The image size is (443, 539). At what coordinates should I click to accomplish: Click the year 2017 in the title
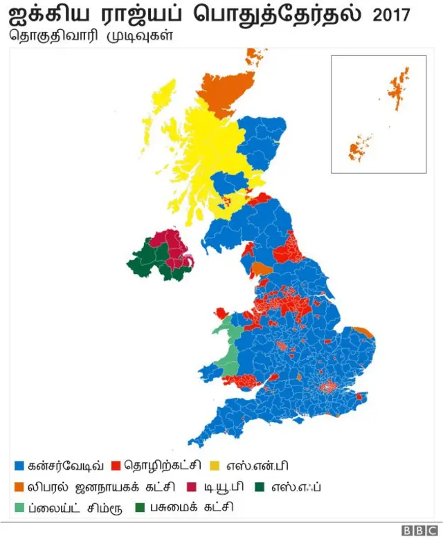[x=392, y=15]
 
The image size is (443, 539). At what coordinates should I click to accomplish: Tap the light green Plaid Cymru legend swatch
[x=19, y=507]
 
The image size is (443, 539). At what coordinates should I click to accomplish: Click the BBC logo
[x=417, y=530]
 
